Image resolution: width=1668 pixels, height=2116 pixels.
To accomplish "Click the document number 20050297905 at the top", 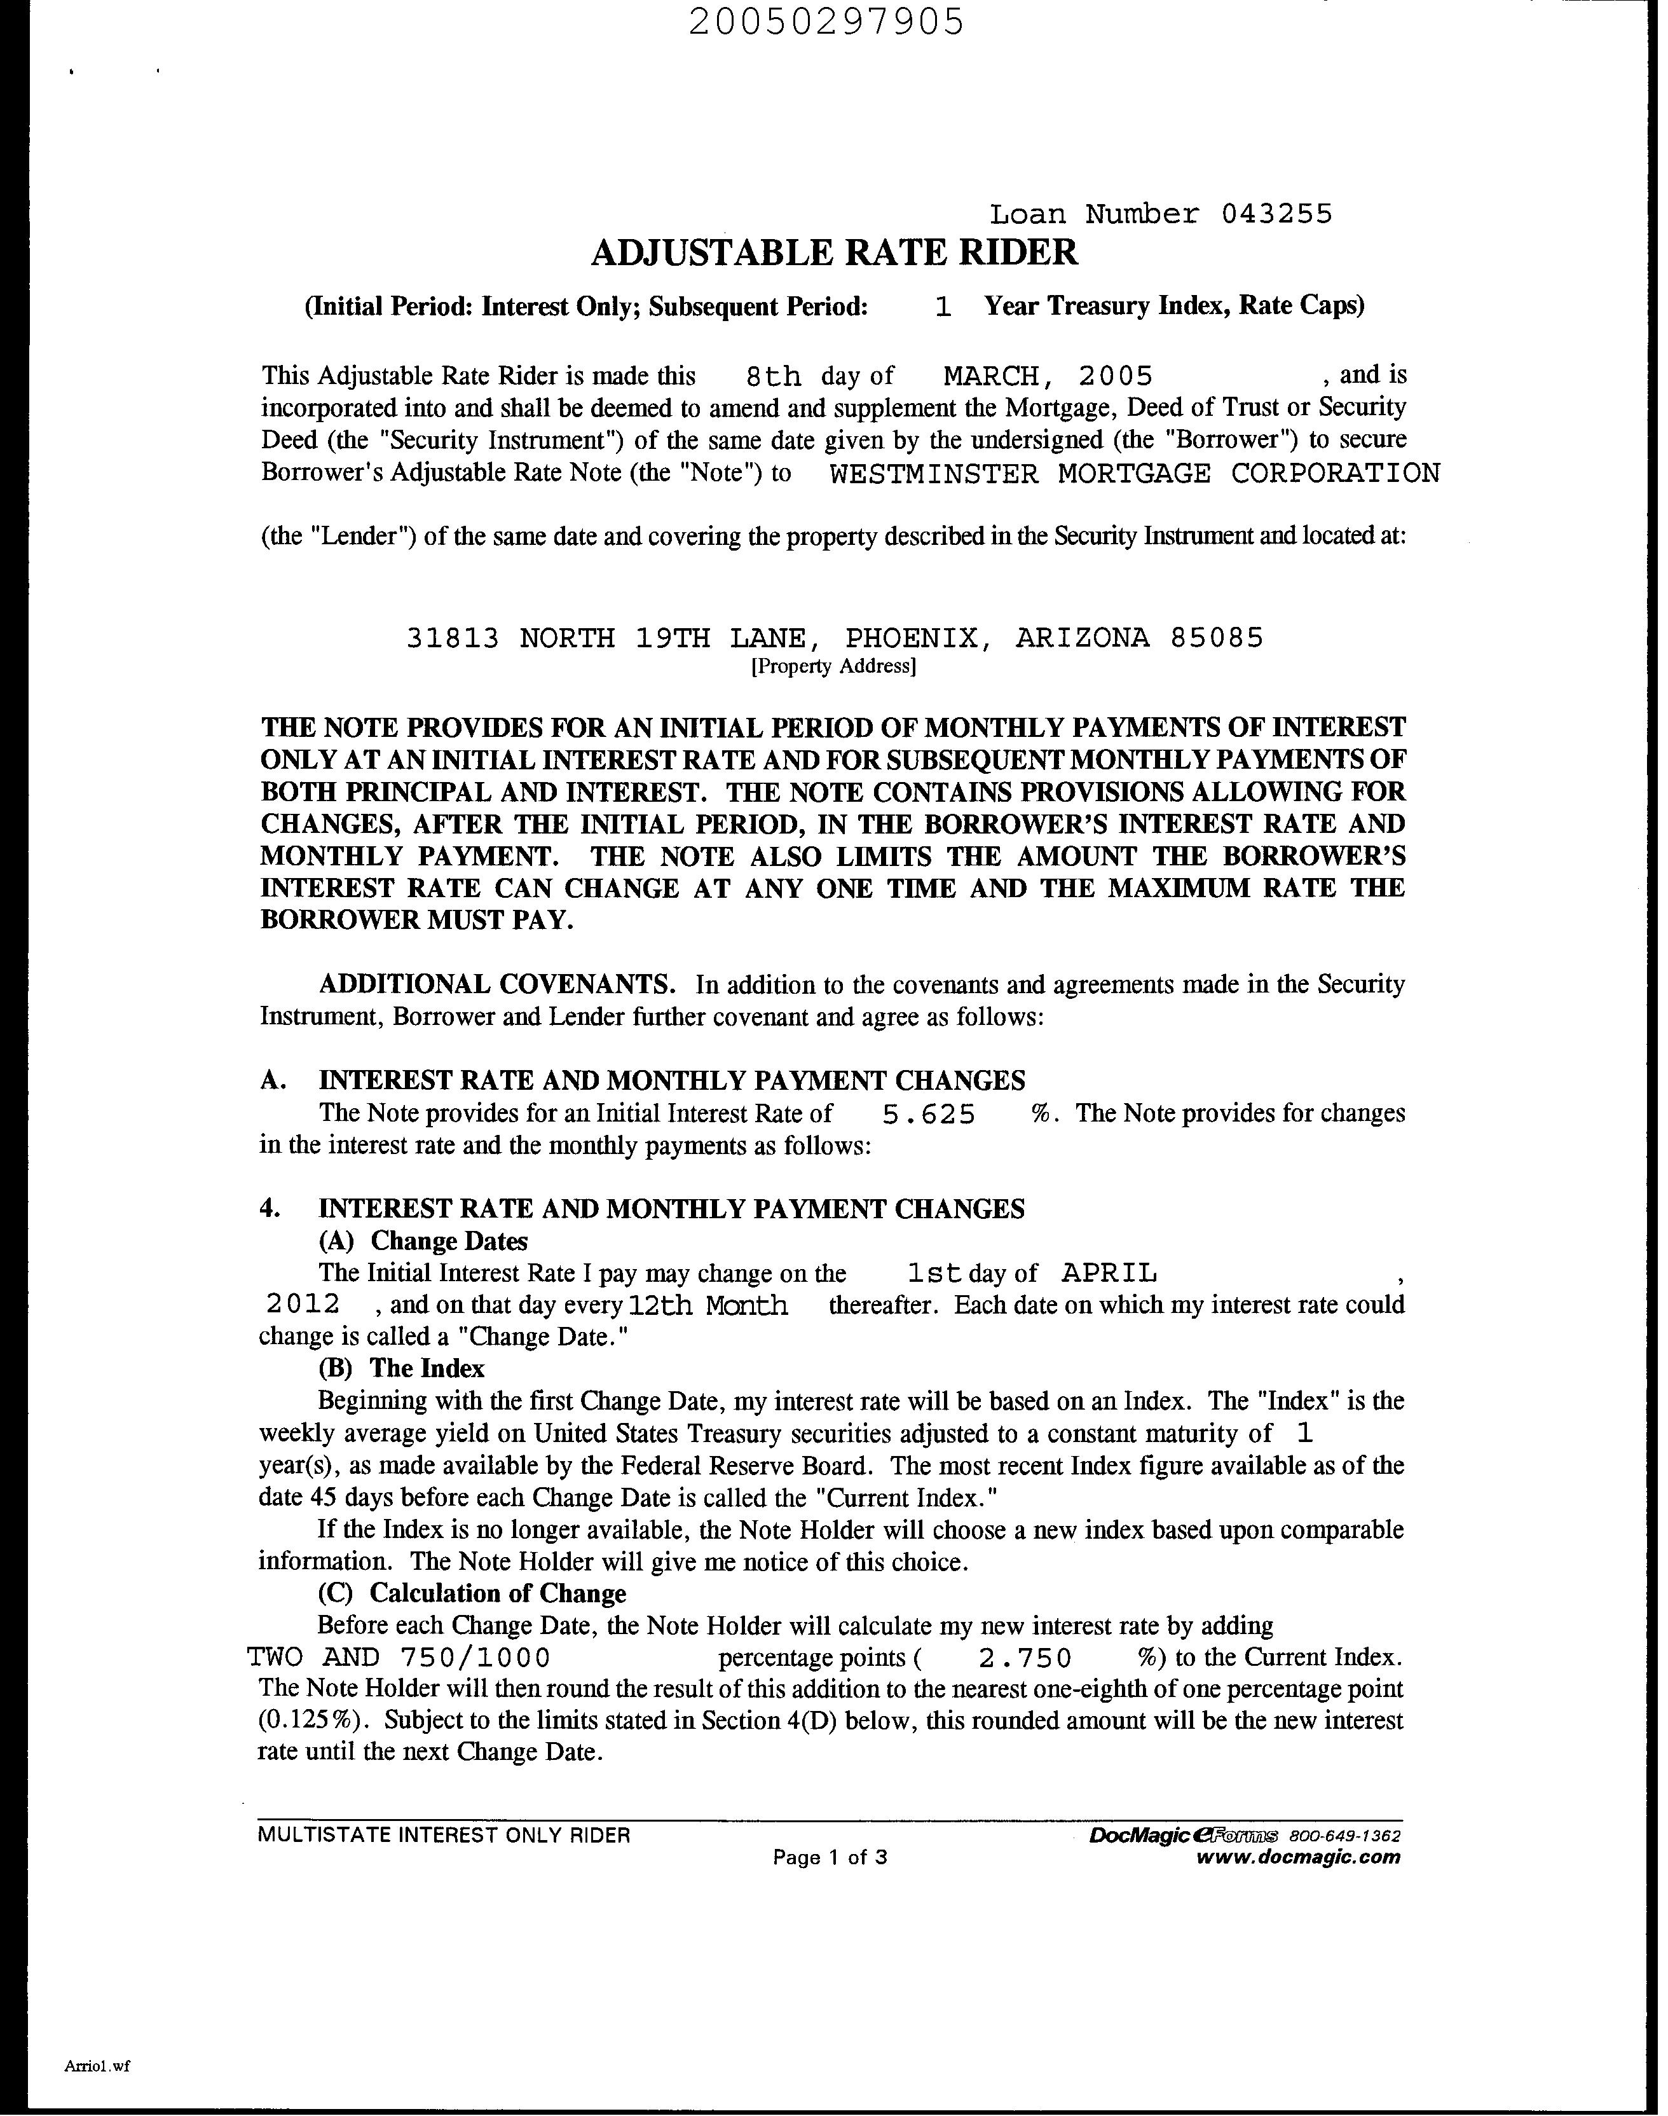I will point(826,22).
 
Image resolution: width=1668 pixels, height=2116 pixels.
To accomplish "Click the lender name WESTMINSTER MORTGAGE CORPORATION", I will point(1134,474).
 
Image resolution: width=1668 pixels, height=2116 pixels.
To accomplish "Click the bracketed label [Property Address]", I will point(833,667).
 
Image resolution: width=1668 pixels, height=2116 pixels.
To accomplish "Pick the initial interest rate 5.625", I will point(927,1115).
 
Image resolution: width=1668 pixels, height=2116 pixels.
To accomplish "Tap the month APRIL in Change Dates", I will point(1109,1273).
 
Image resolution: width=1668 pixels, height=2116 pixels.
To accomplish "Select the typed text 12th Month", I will point(708,1305).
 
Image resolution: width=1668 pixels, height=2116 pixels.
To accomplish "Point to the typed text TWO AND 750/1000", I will point(399,1658).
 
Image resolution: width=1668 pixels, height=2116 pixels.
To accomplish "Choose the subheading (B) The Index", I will point(401,1369).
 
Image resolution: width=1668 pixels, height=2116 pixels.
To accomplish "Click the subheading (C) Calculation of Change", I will point(472,1593).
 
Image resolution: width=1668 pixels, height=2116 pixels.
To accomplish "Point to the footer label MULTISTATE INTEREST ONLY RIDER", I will point(443,1836).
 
